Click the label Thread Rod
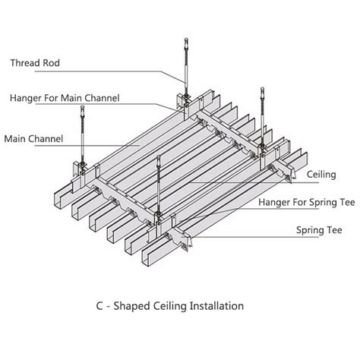(x=35, y=63)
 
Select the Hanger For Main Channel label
(x=65, y=98)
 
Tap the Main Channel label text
(x=33, y=139)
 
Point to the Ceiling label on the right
(x=321, y=175)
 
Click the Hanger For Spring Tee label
(x=307, y=202)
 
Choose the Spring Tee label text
(x=319, y=230)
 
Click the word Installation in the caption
(x=216, y=306)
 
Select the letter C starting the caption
(x=99, y=306)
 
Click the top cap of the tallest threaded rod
(x=186, y=40)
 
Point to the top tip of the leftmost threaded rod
(x=82, y=106)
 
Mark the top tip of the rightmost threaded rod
(x=262, y=88)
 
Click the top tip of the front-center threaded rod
(x=159, y=156)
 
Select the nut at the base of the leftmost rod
(x=82, y=164)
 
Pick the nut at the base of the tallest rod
(x=187, y=96)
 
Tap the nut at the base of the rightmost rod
(x=263, y=146)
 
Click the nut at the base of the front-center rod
(x=159, y=214)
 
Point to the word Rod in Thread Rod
(x=52, y=63)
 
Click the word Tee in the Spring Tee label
(x=333, y=230)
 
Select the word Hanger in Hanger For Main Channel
(x=26, y=98)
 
